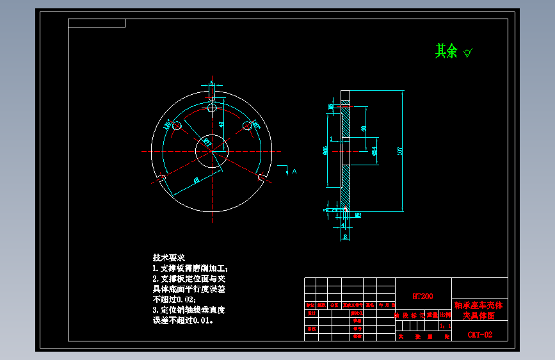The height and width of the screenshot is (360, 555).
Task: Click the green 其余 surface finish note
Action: (x=447, y=51)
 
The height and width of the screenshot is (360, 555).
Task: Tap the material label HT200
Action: (x=422, y=297)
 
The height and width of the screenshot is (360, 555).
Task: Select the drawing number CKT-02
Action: (x=479, y=334)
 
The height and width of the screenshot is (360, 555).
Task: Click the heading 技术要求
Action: (x=168, y=257)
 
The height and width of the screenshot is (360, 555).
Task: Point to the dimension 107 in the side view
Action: (x=401, y=151)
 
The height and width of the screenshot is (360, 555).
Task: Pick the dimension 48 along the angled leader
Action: (x=196, y=181)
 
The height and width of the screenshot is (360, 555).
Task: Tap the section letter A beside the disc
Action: (x=294, y=172)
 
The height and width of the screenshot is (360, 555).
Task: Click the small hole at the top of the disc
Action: (x=212, y=108)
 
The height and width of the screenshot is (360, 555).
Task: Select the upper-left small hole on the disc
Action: (x=177, y=127)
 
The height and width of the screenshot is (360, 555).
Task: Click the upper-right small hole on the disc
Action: (x=246, y=127)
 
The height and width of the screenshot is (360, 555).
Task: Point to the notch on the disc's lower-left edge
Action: (x=162, y=177)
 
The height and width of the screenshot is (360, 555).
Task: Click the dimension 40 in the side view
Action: (x=364, y=128)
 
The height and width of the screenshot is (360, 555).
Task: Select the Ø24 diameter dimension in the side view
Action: (x=374, y=152)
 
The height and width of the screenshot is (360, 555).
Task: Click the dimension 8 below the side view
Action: (x=346, y=236)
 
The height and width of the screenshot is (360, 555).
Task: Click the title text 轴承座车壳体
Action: (x=479, y=305)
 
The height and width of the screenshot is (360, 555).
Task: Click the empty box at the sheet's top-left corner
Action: (x=97, y=24)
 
